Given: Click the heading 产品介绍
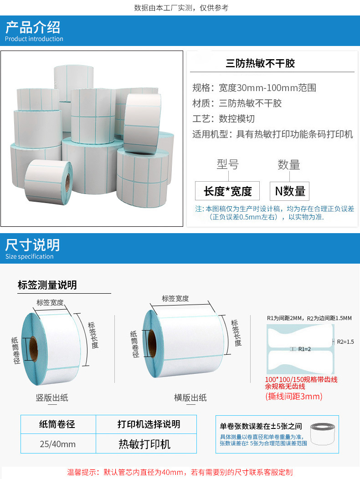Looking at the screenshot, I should coord(33,27).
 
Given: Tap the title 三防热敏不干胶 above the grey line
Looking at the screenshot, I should coord(260,63).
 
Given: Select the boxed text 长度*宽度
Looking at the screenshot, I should coord(227,191).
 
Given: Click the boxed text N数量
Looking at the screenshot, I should coord(290,191).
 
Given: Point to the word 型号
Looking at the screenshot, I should coord(227,164).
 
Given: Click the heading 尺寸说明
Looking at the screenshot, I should coord(33,245).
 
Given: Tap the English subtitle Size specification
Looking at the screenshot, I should coord(30,257).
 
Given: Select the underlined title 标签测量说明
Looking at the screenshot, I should coord(47,285).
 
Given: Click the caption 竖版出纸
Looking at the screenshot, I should coord(52,397).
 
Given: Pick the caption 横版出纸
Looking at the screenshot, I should coord(190,397).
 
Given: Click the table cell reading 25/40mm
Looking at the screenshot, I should coord(58,443).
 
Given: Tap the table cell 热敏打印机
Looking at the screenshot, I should coord(144,443).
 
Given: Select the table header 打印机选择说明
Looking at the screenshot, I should coord(149,424).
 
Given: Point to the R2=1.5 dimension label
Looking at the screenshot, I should coord(345,341).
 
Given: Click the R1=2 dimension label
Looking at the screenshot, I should coord(304,349).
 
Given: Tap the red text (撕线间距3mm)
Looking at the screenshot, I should coord(293,397).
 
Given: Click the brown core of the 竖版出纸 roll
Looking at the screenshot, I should coord(34,349).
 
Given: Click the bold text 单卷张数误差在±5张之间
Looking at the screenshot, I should coord(261,426).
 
